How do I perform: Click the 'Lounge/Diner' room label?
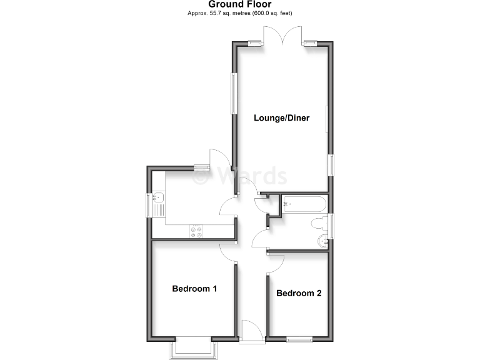[x=282, y=117]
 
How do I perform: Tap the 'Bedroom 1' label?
[x=194, y=289]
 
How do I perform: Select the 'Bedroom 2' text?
[x=299, y=293]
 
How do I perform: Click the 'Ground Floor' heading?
[x=240, y=4]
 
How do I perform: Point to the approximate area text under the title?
[x=240, y=13]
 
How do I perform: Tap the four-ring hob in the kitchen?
[x=196, y=231]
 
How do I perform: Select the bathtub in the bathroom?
[x=304, y=203]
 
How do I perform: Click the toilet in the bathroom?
[x=316, y=223]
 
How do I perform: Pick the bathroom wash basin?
[x=323, y=241]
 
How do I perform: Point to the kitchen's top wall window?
[x=201, y=167]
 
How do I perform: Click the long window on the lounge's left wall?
[x=234, y=94]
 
